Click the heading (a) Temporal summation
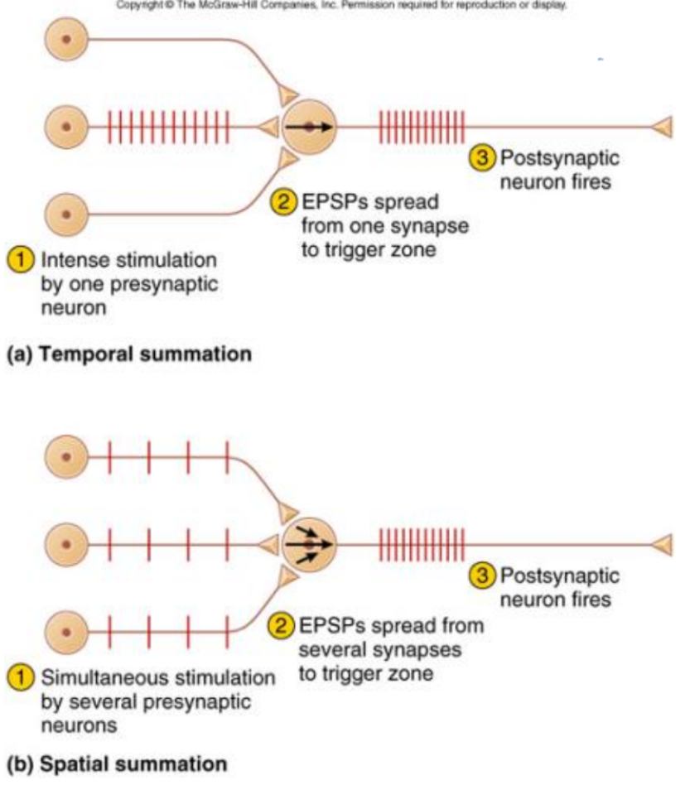(x=128, y=355)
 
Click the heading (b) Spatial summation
(x=116, y=764)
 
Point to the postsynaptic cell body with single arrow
(x=309, y=128)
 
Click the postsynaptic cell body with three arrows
(x=309, y=544)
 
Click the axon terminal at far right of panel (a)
(x=664, y=127)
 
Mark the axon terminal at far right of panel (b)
(x=664, y=544)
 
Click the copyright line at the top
(x=345, y=4)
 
